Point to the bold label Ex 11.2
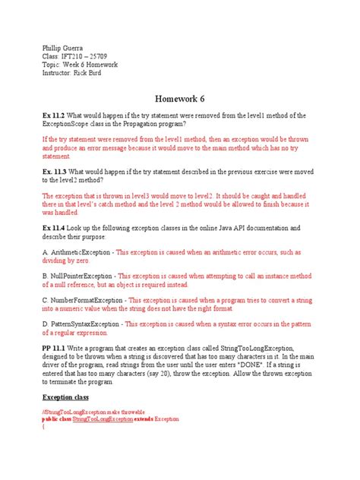click(56, 115)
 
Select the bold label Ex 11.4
click(56, 227)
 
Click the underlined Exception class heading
click(65, 397)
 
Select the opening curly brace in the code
click(43, 426)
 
